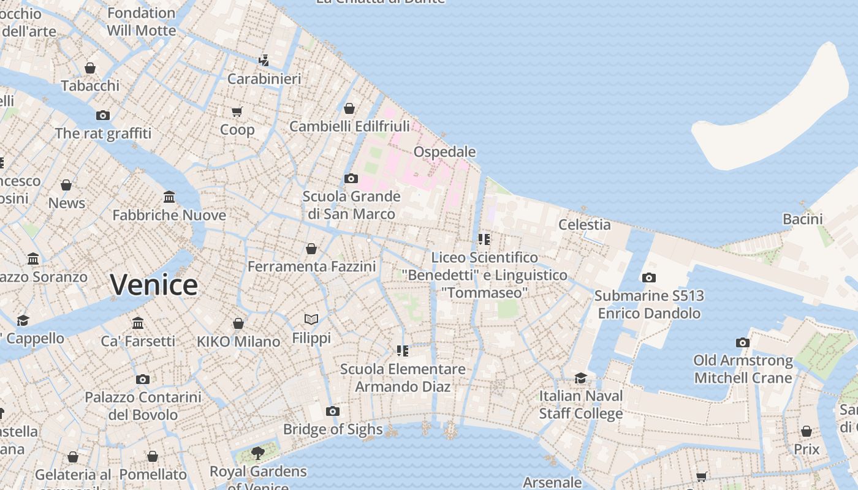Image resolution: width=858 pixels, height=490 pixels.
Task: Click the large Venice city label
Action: (x=154, y=285)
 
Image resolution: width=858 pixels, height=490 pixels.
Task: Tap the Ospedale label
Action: (x=444, y=152)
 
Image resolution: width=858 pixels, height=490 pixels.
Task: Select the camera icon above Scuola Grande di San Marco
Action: (x=351, y=179)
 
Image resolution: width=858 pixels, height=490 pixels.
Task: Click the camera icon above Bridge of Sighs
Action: (x=333, y=411)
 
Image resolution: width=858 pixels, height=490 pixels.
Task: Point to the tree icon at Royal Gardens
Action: (x=257, y=453)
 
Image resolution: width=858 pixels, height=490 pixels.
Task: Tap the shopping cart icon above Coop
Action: (x=237, y=111)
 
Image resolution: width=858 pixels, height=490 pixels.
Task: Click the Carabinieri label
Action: (x=264, y=79)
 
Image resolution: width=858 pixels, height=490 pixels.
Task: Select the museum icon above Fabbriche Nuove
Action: (x=169, y=197)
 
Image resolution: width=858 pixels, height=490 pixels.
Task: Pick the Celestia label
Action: (x=584, y=225)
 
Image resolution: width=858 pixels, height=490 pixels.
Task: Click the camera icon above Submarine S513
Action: (x=649, y=277)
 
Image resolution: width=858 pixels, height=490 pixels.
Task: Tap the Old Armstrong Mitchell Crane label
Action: (x=743, y=369)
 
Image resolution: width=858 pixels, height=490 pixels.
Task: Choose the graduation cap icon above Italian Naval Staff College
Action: (x=580, y=378)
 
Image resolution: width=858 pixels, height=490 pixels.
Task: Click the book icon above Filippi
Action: (x=311, y=319)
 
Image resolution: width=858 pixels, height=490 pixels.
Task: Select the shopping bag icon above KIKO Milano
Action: (x=238, y=323)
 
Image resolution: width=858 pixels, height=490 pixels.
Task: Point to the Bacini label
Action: (x=802, y=219)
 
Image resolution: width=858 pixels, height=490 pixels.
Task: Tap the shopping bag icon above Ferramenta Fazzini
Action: (x=311, y=249)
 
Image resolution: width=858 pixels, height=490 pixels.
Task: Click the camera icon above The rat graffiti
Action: (x=103, y=115)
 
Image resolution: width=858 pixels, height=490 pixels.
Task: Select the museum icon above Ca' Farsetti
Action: (x=138, y=323)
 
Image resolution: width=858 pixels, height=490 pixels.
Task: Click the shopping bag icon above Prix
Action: (x=807, y=431)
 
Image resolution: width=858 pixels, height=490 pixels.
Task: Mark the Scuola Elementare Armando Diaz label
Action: (x=403, y=378)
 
